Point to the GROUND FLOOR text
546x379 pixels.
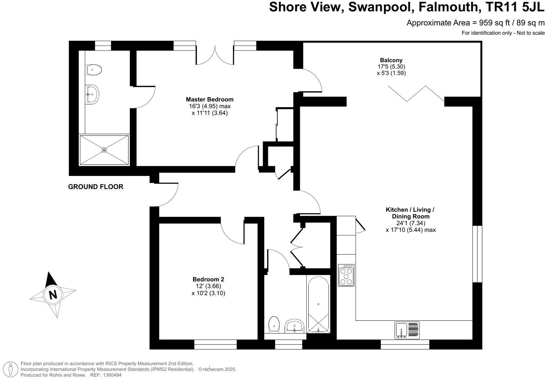pos(96,187)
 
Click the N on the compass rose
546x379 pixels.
pos(53,295)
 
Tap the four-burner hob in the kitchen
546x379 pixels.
pos(346,275)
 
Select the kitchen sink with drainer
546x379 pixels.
pos(407,330)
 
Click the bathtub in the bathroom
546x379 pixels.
pos(318,304)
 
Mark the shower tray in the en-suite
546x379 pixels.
pos(104,150)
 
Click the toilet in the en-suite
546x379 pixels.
pos(94,69)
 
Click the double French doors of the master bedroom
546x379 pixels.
pos(215,55)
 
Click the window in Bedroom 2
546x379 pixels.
pos(215,344)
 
